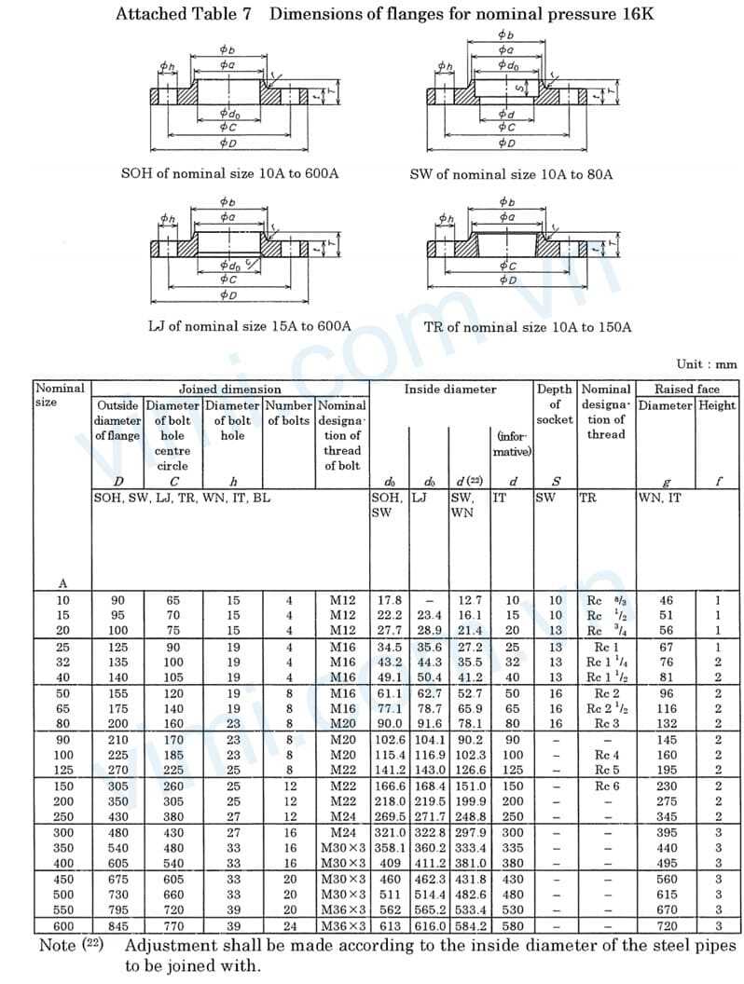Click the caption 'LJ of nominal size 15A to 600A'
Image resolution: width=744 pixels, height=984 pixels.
249,326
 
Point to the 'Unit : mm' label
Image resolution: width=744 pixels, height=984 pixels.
706,364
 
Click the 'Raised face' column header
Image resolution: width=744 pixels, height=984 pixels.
686,389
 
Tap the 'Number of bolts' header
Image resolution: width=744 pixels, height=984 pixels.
289,413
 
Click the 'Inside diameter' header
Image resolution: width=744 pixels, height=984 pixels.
450,389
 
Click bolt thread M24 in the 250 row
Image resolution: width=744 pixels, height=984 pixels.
343,816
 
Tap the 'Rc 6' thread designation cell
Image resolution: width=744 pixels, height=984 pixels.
607,786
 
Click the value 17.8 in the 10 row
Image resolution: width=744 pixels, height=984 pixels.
389,600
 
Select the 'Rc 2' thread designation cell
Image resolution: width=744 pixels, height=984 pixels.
607,693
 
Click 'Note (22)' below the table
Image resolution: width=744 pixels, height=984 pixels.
71,945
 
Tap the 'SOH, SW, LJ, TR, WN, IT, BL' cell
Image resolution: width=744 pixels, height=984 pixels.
183,498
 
